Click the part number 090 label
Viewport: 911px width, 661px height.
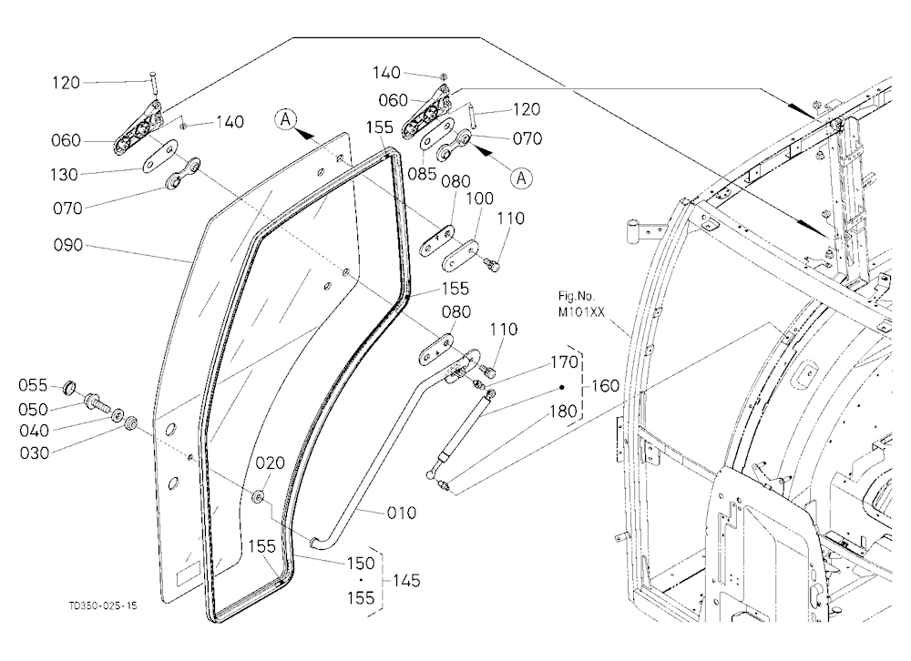68,246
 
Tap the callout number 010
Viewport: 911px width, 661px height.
402,513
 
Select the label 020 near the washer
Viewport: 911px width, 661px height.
271,463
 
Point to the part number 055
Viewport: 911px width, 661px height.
33,385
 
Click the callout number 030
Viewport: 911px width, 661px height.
35,453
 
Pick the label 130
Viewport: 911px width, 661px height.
65,174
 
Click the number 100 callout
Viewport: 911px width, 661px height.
479,198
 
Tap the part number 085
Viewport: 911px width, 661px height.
423,173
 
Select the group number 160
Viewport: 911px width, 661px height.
606,386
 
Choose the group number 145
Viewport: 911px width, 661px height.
406,580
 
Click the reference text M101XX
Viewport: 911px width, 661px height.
581,312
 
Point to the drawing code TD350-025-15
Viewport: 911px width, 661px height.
103,605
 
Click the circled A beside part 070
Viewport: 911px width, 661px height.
522,178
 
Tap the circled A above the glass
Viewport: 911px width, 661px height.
285,119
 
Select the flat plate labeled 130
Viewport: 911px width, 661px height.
158,157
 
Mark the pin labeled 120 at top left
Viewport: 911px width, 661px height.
154,83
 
